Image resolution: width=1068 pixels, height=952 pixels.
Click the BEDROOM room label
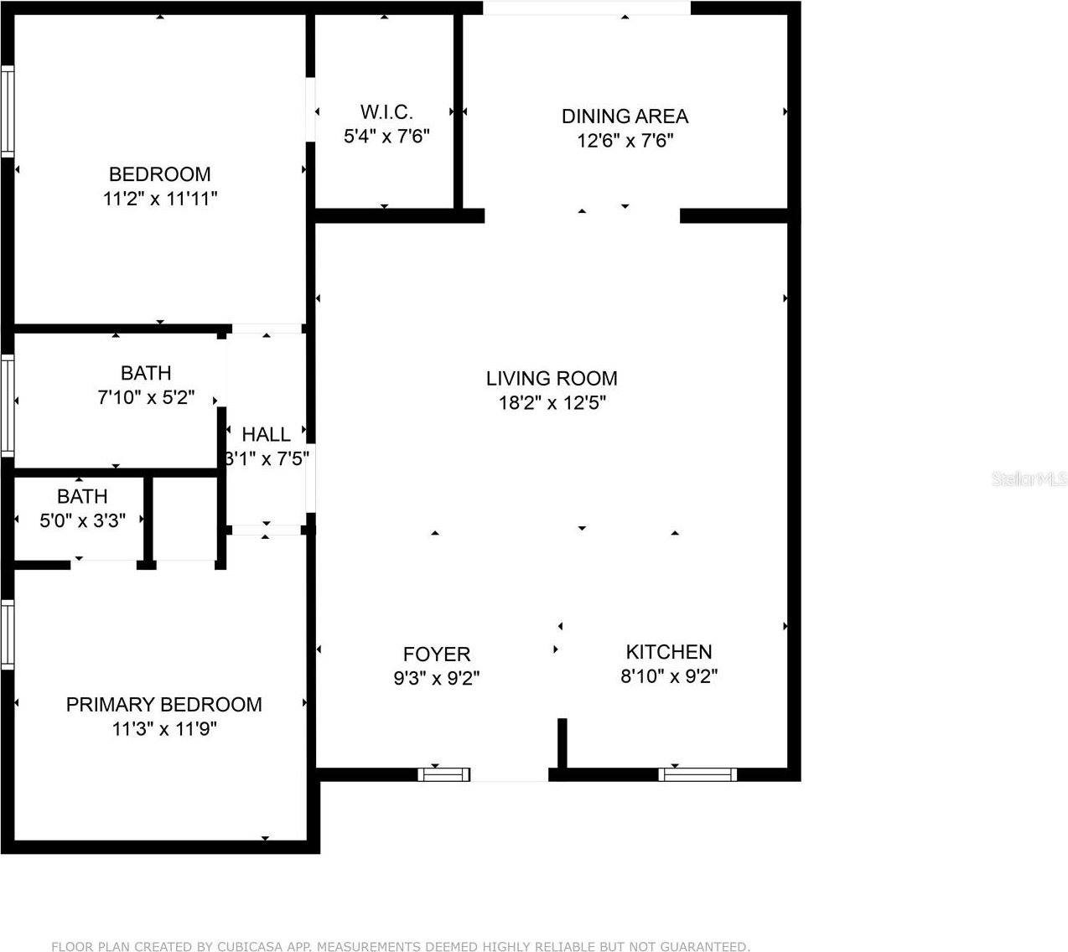pos(159,174)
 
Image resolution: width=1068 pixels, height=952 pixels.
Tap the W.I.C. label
pos(386,112)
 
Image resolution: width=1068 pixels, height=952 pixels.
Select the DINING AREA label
pos(625,116)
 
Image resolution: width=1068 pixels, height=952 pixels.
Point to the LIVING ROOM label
pos(552,379)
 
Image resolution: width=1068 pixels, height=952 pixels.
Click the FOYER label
pos(437,654)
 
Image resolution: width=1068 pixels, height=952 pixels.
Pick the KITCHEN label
pos(669,652)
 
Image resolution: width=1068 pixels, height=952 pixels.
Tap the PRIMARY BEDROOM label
pos(164,705)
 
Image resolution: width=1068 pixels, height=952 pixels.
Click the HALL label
pos(267,435)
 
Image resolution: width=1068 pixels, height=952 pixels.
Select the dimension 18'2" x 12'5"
pos(552,403)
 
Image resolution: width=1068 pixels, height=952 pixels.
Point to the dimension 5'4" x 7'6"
pos(386,137)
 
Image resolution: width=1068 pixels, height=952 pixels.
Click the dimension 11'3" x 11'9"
pos(164,729)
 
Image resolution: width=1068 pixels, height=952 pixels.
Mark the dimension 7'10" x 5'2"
pos(147,397)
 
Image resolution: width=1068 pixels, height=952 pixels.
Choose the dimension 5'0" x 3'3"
pos(82,520)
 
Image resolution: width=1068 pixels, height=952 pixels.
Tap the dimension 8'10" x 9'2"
pos(669,676)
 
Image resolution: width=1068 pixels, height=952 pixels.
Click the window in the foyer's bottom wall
pos(444,775)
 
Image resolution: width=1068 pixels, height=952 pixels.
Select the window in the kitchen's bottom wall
pos(697,775)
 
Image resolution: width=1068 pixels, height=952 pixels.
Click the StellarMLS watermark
pos(1029,479)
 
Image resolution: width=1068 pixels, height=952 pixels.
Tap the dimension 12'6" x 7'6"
pos(625,141)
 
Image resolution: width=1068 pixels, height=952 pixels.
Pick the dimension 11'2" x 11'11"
pos(159,199)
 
